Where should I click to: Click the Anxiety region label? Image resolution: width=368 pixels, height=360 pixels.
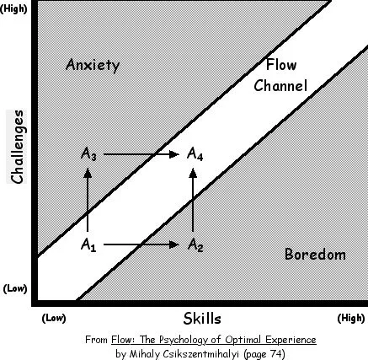[x=93, y=65]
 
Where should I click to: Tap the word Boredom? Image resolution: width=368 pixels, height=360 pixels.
[x=315, y=255]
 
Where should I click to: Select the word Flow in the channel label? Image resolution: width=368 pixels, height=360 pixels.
[x=281, y=64]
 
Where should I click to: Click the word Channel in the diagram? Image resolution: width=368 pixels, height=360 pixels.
[x=280, y=85]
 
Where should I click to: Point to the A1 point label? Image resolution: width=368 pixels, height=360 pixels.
[x=88, y=244]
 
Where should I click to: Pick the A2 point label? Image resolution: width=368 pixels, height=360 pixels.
[x=195, y=244]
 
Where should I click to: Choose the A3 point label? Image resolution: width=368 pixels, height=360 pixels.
[x=88, y=154]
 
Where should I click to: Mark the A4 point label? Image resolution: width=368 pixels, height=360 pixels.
[x=195, y=154]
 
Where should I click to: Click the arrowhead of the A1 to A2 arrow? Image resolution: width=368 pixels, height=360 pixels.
[x=174, y=244]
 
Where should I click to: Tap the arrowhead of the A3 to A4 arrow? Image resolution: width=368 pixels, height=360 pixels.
[x=174, y=154]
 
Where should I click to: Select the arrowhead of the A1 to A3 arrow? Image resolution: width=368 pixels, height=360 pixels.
[x=88, y=173]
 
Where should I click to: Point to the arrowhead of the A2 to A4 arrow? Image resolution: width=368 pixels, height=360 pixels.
[x=193, y=173]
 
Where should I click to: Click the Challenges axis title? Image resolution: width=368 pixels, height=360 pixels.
[x=17, y=147]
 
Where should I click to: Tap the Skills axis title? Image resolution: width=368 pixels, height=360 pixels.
[x=202, y=319]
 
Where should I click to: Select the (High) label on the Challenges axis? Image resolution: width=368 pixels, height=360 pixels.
[x=13, y=9]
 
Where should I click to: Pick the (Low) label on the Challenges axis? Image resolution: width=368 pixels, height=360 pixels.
[x=15, y=288]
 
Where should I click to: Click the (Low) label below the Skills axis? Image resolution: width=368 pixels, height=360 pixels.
[x=54, y=319]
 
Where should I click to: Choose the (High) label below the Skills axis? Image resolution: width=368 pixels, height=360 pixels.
[x=351, y=319]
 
